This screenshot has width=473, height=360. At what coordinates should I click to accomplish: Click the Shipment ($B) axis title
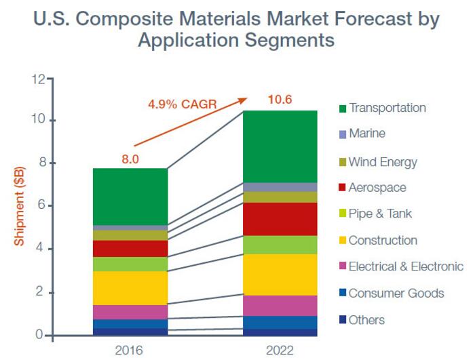pos(20,206)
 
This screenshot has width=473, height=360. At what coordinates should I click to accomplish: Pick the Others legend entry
pos(366,319)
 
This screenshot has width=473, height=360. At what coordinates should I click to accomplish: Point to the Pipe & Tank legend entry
pos(380,214)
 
